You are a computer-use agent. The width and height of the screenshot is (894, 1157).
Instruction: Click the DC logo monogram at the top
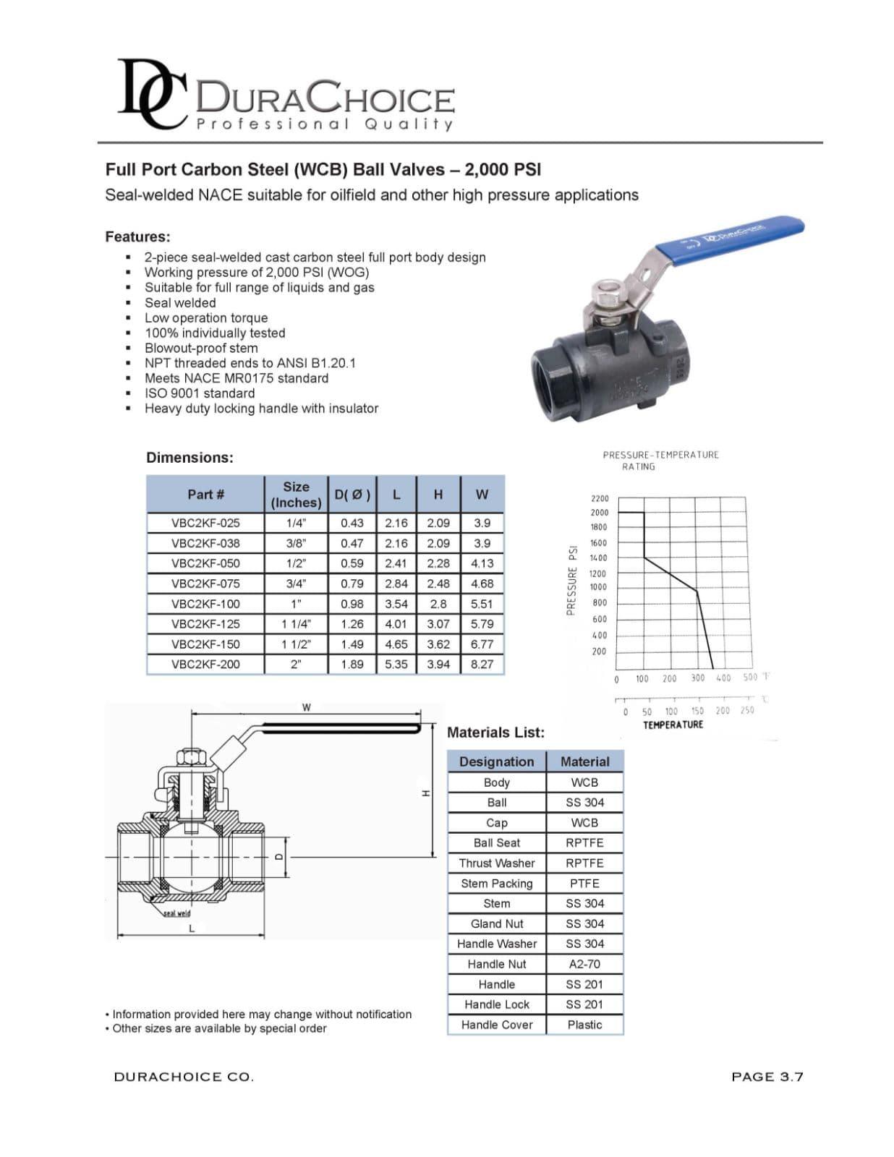coord(152,94)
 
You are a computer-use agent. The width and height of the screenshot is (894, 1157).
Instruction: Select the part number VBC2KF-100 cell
coord(205,604)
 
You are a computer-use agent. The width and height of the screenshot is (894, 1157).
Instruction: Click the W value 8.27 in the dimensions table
coord(482,665)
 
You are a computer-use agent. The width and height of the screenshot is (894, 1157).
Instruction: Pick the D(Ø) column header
coord(352,495)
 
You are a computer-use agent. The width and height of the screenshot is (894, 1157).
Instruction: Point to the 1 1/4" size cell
coord(296,624)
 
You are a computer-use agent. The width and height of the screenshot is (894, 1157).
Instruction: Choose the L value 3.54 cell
coord(396,604)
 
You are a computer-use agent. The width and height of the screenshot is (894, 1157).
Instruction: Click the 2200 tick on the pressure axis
coord(600,498)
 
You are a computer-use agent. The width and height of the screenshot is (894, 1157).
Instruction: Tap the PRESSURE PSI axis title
coord(572,581)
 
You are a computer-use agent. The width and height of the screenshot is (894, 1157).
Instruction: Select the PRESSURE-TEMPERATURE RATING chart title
coord(661,461)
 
